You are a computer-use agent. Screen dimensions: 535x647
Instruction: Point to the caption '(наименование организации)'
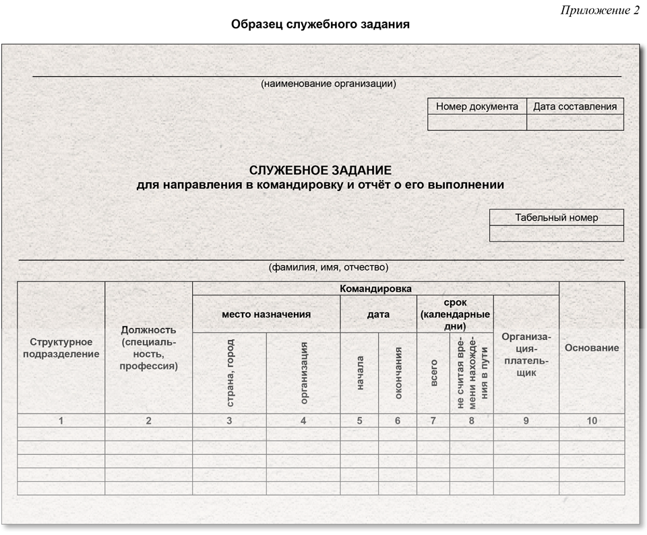(328, 84)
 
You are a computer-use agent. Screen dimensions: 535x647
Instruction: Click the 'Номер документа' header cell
(477, 106)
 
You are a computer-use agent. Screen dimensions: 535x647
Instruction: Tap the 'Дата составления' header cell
(575, 106)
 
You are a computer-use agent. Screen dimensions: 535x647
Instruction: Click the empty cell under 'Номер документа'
(477, 122)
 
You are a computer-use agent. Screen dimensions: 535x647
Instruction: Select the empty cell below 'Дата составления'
(575, 122)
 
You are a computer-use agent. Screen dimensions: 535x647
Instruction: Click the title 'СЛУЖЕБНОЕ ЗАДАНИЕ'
(320, 171)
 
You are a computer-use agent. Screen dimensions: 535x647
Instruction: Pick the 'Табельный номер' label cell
(557, 217)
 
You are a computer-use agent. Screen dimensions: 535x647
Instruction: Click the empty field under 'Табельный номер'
(557, 233)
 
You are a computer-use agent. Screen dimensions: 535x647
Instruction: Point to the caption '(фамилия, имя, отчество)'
(328, 267)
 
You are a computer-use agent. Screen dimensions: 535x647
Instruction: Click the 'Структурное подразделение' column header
(61, 347)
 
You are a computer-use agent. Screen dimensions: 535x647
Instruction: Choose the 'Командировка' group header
(375, 289)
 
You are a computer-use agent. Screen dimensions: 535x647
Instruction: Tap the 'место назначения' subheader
(266, 314)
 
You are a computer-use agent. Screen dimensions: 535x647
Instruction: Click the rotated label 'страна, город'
(230, 373)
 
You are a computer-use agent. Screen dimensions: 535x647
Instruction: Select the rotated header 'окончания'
(398, 373)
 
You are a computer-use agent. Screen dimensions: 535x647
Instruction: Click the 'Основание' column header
(592, 347)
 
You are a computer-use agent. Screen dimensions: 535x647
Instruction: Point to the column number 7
(433, 421)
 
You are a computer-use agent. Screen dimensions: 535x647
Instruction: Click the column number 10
(592, 421)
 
